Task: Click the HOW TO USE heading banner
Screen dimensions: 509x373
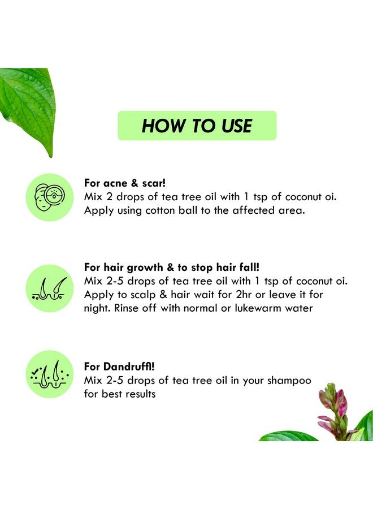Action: (x=197, y=126)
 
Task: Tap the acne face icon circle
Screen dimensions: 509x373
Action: (x=50, y=196)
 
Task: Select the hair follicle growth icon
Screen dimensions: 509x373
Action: (x=50, y=288)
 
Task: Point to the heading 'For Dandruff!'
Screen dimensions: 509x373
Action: (x=119, y=366)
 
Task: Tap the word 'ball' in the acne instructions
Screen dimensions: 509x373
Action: (x=197, y=211)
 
